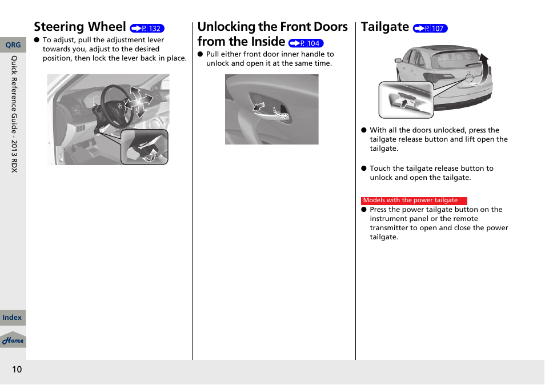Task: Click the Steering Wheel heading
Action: pyautogui.click(x=79, y=27)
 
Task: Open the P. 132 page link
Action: pyautogui.click(x=147, y=29)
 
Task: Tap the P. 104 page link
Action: pyautogui.click(x=306, y=43)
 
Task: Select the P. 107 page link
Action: pyautogui.click(x=430, y=29)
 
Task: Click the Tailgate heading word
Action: pyautogui.click(x=385, y=27)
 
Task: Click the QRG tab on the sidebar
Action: pyautogui.click(x=13, y=45)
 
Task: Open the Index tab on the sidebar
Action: pyautogui.click(x=12, y=318)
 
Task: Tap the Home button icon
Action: pyautogui.click(x=13, y=340)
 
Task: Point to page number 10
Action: pyautogui.click(x=17, y=370)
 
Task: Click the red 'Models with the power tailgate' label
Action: pyautogui.click(x=414, y=200)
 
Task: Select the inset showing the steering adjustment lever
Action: pyautogui.click(x=144, y=147)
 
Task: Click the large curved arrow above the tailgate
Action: pyautogui.click(x=483, y=65)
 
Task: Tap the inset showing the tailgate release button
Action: pyautogui.click(x=406, y=100)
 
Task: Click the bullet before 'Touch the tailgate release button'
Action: pyautogui.click(x=363, y=169)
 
